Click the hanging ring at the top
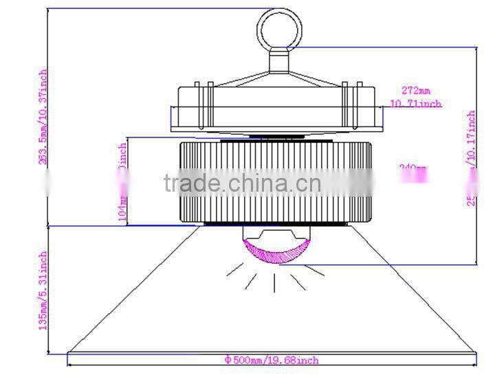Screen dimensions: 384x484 pyautogui.click(x=279, y=28)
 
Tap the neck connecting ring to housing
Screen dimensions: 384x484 pyautogui.click(x=279, y=62)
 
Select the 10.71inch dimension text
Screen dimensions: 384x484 pyautogui.click(x=415, y=104)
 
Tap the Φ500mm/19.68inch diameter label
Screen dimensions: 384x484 pyautogui.click(x=272, y=359)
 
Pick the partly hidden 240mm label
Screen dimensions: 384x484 pyautogui.click(x=412, y=168)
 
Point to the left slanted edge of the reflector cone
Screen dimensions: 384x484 pyautogui.click(x=137, y=289)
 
